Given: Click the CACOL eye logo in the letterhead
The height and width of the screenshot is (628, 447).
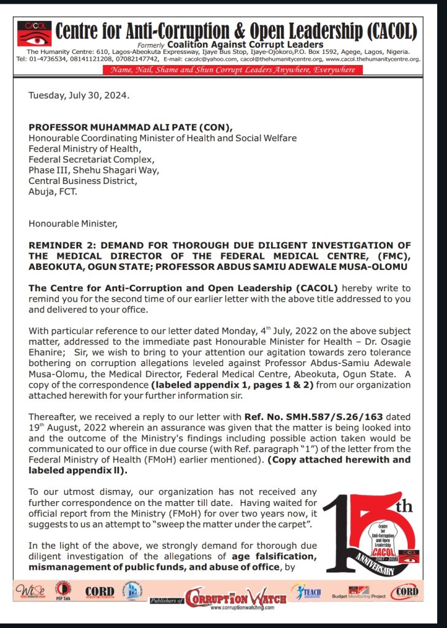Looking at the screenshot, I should coord(34,33).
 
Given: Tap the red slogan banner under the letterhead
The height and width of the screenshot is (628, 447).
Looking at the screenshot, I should coord(232,70).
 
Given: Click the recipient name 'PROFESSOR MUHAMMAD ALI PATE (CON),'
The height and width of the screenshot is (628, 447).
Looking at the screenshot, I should coord(131,127).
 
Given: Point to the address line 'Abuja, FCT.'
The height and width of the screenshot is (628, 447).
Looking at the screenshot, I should coord(53,191).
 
